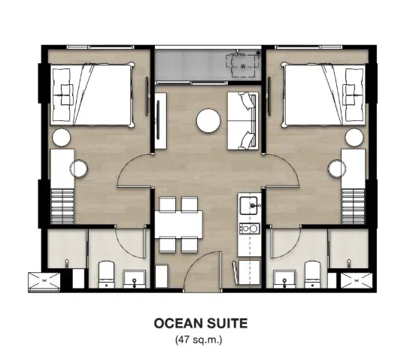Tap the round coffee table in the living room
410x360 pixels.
pos(208,119)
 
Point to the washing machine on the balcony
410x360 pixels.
pos(243,66)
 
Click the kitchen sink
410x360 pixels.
pos(248,203)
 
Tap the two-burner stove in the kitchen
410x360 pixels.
pos(248,227)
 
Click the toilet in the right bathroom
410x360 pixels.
pos(311,274)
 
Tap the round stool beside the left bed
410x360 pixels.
pos(61,137)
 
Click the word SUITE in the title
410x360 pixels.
pos(229,324)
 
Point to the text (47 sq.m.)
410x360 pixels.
pos(204,340)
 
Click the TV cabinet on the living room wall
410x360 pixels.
pos(160,120)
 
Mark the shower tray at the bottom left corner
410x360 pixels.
pos(44,281)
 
